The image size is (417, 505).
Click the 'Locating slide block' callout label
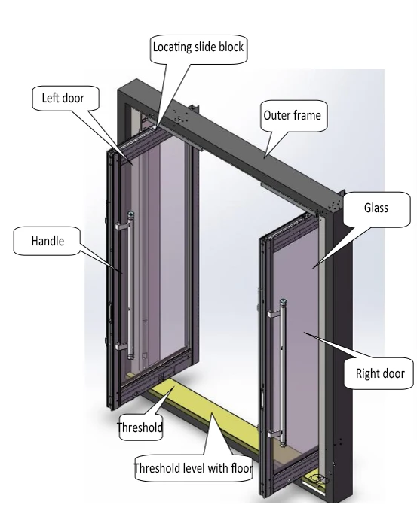pyautogui.click(x=199, y=47)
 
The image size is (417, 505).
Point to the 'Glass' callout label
pyautogui.click(x=376, y=208)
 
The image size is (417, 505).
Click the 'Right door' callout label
pyautogui.click(x=379, y=373)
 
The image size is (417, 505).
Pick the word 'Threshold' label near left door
pyautogui.click(x=140, y=427)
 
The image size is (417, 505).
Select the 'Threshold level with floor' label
pyautogui.click(x=192, y=468)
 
